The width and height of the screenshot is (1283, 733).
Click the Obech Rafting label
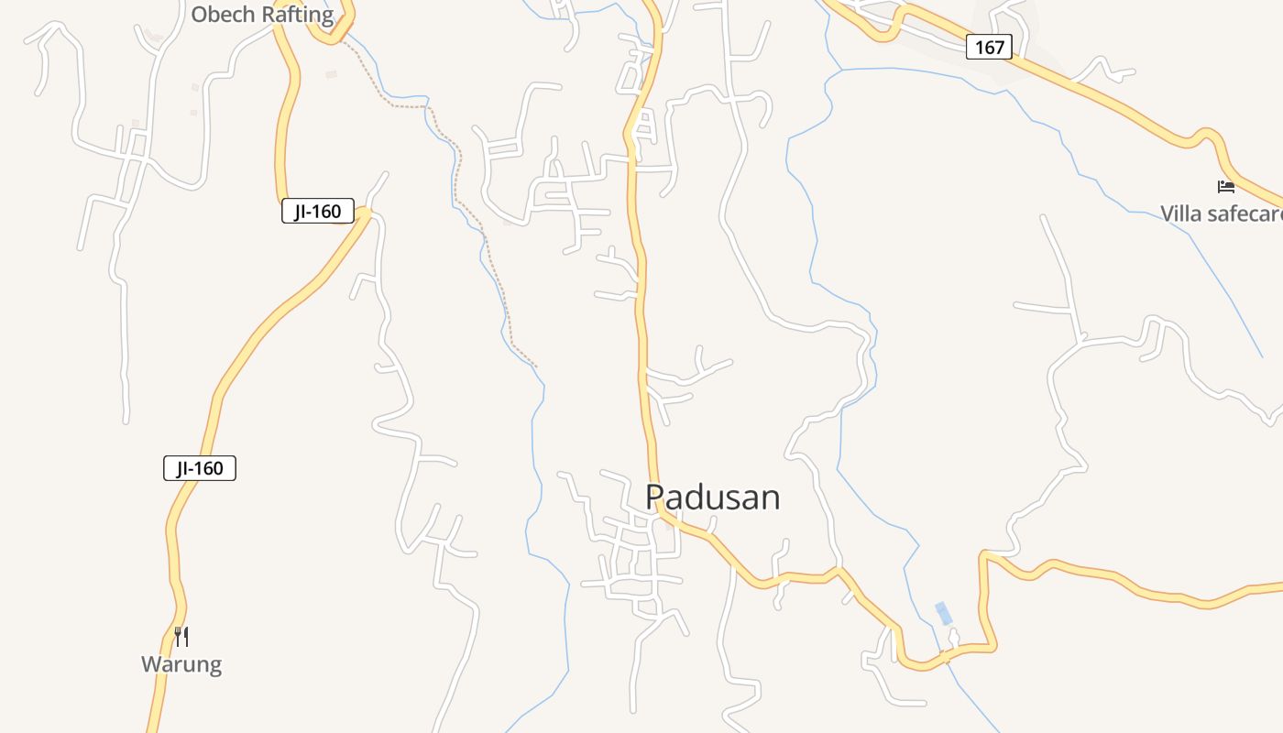pos(262,15)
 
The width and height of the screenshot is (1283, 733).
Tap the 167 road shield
pos(989,48)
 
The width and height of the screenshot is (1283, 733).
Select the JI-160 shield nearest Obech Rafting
pos(317,212)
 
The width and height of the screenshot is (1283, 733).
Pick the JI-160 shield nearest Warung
pos(200,468)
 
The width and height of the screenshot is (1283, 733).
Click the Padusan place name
pos(713,498)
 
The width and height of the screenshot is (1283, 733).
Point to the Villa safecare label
pos(1220,213)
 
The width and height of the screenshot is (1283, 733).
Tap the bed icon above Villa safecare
pos(1226,187)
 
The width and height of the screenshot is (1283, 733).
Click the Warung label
pos(181,664)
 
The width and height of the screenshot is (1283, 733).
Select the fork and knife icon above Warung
pos(181,636)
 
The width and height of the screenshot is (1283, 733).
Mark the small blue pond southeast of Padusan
pos(942,613)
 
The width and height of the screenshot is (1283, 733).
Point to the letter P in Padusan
pos(654,498)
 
